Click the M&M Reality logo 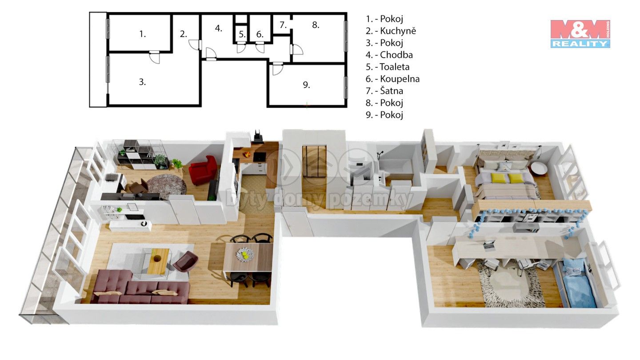click(580, 34)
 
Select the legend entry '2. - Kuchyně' click(391, 31)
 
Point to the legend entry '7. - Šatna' click(384, 91)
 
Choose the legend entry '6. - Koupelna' click(392, 79)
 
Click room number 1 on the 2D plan click(143, 34)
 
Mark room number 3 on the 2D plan click(142, 82)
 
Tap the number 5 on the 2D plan click(242, 35)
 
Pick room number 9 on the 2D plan click(306, 85)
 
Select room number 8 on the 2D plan click(316, 25)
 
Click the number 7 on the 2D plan click(283, 25)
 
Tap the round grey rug click(167, 187)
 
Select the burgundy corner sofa click(140, 286)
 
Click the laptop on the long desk click(490, 244)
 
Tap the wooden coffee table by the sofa click(158, 261)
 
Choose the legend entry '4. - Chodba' click(389, 55)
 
